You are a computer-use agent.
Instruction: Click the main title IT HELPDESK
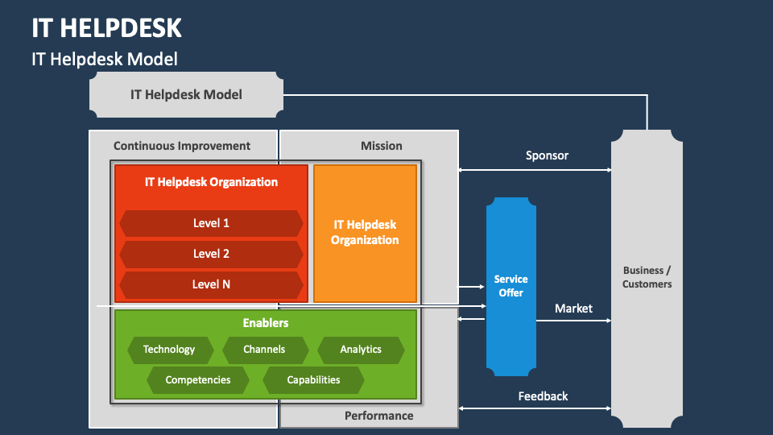click(106, 27)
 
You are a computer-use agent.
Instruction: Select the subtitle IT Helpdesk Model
click(105, 59)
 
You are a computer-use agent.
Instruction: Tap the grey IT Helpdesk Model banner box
click(186, 94)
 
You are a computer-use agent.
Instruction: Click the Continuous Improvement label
click(182, 146)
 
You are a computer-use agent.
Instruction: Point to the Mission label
click(381, 146)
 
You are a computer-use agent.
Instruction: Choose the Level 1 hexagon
click(211, 223)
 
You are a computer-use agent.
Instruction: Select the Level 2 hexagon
click(211, 254)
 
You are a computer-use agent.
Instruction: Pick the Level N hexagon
click(211, 284)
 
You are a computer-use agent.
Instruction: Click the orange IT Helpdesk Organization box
click(365, 233)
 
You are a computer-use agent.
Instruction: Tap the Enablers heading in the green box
click(266, 323)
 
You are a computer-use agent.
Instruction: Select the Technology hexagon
click(170, 350)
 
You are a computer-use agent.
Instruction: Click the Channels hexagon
click(265, 350)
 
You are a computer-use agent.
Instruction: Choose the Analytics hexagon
click(361, 350)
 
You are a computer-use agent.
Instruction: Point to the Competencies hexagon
click(198, 380)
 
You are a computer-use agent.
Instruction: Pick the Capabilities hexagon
click(313, 380)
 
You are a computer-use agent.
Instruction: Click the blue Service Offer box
click(511, 287)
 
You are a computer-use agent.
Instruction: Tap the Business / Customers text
click(647, 277)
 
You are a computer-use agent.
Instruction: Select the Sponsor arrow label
click(547, 155)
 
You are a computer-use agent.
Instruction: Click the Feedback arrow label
click(543, 396)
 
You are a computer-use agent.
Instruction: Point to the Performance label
click(378, 416)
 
